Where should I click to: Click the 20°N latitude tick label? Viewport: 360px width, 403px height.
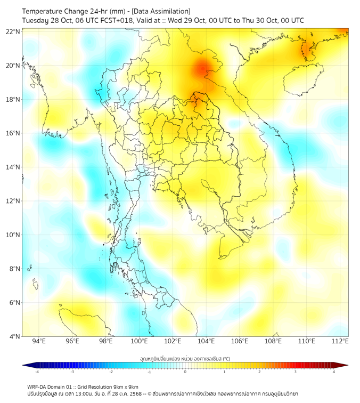tap(13, 66)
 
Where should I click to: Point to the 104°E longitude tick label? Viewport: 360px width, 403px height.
tap(207, 341)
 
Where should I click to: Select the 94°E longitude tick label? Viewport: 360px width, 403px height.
tap(39, 341)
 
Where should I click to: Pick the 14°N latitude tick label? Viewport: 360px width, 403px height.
tap(13, 167)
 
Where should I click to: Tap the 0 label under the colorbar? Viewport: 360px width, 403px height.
tap(185, 372)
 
